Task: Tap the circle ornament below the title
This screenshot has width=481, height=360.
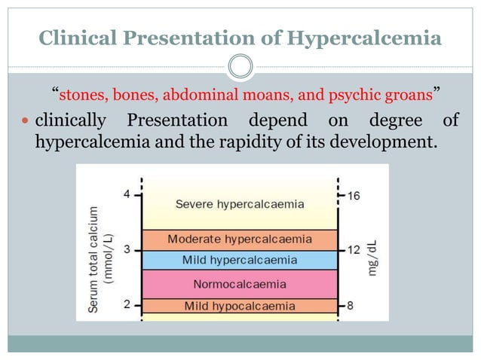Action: pos(240,67)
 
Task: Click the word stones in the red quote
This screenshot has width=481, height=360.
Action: pos(80,96)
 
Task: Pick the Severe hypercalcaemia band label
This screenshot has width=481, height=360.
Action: pos(240,203)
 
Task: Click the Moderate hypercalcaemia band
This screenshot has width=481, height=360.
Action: pos(240,239)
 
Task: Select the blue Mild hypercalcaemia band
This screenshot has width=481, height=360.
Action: pos(240,260)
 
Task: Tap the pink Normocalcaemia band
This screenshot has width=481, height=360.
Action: pos(240,284)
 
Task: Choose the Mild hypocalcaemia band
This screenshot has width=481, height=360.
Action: pos(240,306)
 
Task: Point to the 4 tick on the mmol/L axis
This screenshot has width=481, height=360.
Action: pos(127,194)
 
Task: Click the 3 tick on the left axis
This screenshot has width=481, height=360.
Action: pos(127,249)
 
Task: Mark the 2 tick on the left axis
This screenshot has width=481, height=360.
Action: pos(127,304)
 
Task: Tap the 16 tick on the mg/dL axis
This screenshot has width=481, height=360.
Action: pos(354,195)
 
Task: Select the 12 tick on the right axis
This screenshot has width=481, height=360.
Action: pos(354,250)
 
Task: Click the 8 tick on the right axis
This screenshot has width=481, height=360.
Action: pos(351,305)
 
